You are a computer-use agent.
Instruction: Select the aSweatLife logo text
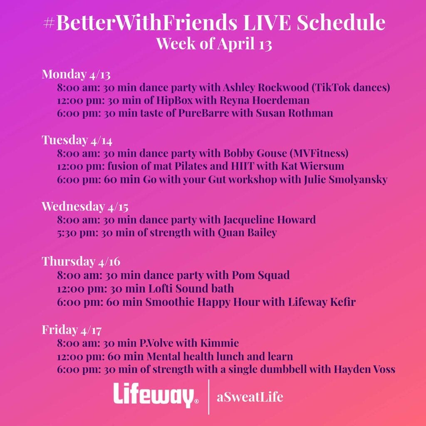250,397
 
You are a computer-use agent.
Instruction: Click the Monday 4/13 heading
76,74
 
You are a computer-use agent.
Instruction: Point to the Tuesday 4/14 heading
77,140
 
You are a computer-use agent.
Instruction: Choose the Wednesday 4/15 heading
85,206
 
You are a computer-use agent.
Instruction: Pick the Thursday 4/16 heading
81,261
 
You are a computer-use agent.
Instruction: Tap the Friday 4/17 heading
72,330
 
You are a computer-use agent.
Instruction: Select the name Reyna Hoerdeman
264,100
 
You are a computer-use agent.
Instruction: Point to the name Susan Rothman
295,113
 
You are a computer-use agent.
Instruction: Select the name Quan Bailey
247,233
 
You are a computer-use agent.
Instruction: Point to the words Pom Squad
260,275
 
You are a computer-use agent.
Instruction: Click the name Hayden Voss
364,369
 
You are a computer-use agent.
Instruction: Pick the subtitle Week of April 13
214,44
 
